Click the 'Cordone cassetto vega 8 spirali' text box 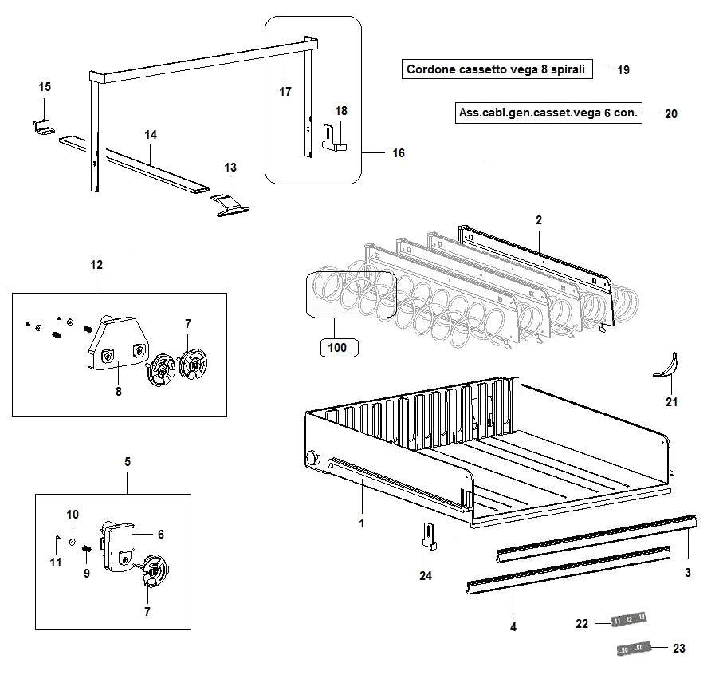point(495,69)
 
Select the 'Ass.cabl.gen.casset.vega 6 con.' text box point(548,112)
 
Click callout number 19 point(623,70)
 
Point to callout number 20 point(671,114)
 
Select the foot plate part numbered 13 point(230,202)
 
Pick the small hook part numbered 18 point(336,137)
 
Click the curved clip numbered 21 point(666,365)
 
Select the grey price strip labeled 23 point(634,649)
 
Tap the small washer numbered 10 point(73,541)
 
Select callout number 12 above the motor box point(96,264)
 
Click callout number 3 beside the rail point(687,572)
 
